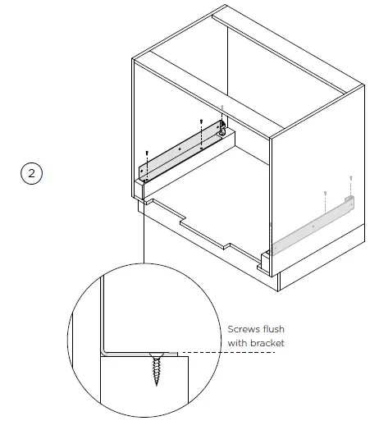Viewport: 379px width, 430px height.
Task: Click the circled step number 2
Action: tap(30, 174)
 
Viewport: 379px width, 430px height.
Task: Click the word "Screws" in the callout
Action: tap(244, 330)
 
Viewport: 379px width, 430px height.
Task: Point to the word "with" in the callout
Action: tap(237, 342)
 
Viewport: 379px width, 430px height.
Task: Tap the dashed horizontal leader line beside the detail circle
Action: tap(205, 354)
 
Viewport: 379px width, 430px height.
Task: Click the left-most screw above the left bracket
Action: tap(146, 153)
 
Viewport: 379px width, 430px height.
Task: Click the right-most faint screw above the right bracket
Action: tap(350, 177)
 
